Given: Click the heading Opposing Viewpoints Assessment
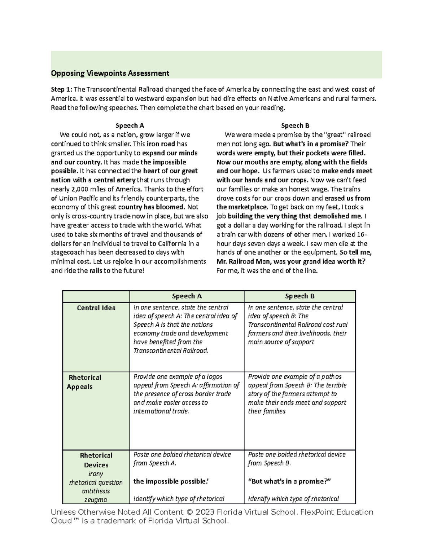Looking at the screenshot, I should tap(110, 74).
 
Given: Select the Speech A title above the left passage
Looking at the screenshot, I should tap(130, 125).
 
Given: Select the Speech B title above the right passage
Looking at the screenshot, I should tap(295, 125).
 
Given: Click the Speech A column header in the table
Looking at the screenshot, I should tap(187, 296).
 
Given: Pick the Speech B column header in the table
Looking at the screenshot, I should tap(299, 296).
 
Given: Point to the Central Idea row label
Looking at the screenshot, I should tap(96, 308).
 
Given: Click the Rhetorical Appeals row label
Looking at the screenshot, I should tap(84, 382).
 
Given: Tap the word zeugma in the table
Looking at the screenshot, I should tap(96, 500).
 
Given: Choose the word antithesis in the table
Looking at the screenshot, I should tap(96, 491).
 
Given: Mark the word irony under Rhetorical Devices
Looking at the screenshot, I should tap(96, 474).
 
